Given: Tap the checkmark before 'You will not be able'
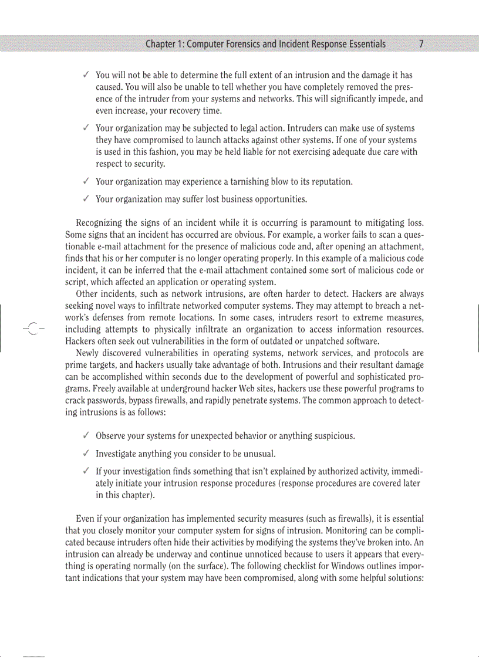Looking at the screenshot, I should coord(86,75).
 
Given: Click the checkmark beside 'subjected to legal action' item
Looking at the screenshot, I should coord(86,128).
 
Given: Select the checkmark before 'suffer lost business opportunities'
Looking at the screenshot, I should coord(86,199).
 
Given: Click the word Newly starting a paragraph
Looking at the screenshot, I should coord(87,353).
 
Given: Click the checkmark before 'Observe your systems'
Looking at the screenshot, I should coord(86,435).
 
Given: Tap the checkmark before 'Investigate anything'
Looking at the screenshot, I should coord(86,454).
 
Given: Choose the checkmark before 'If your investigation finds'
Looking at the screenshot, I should coord(86,471).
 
